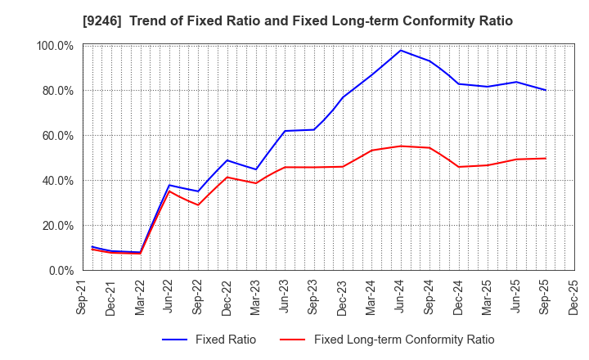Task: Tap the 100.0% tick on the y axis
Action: pos(56,46)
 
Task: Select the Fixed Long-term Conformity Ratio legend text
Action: pos(404,340)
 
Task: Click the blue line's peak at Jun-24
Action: pos(401,50)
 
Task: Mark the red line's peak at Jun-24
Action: pos(401,146)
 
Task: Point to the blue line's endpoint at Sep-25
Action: pos(546,90)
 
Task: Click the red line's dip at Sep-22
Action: pos(198,205)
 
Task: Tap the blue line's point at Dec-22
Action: pos(227,160)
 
